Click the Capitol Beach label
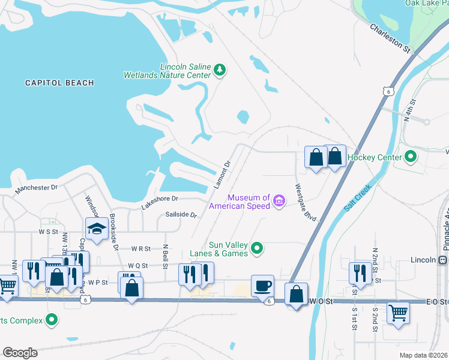pos(59,83)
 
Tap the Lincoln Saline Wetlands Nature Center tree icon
pos(220,71)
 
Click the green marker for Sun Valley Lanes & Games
pos(257,248)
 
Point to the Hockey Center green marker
pos(411,157)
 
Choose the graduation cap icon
pos(97,229)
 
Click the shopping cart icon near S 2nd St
pos(399,313)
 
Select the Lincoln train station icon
pos(443,260)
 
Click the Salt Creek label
pos(358,196)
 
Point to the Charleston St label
pos(390,38)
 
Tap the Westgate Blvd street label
pos(305,202)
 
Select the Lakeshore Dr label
pos(160,199)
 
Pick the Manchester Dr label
pos(36,188)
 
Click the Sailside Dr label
pos(181,214)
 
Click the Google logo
pos(20,353)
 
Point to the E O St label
pos(437,301)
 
